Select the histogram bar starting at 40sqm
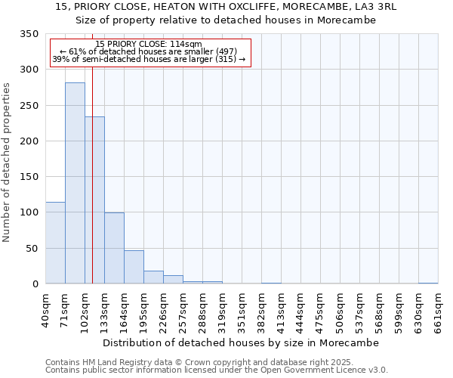[x=55, y=243]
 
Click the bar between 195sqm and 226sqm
[x=153, y=277]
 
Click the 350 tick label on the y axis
[x=29, y=34]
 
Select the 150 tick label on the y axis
[x=29, y=177]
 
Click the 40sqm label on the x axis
[x=46, y=308]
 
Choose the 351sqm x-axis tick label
[x=242, y=308]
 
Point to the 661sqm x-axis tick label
[x=439, y=308]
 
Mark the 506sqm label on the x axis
[x=341, y=308]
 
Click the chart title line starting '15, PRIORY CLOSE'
[x=226, y=7]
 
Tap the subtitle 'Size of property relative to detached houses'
[x=226, y=20]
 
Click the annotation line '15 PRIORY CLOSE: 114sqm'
[x=149, y=45]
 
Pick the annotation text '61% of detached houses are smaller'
[x=149, y=51]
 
